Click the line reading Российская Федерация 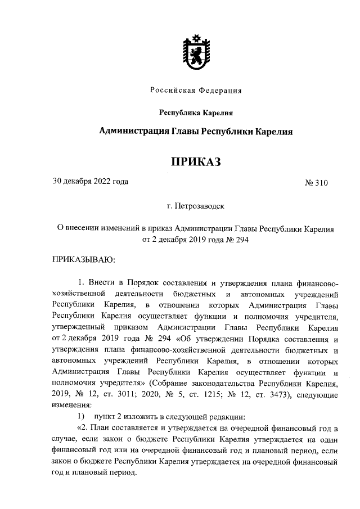pyautogui.click(x=196, y=91)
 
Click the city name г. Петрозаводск pyautogui.click(x=196, y=206)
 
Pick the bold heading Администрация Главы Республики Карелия pyautogui.click(x=196, y=131)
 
